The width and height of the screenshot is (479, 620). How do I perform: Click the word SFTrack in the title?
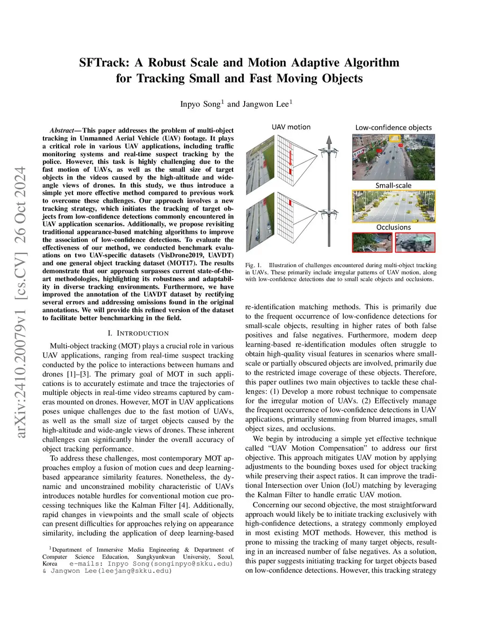(x=104, y=63)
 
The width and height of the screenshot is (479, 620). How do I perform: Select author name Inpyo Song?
(x=200, y=104)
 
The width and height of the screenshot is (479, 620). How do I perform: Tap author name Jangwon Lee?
(x=265, y=104)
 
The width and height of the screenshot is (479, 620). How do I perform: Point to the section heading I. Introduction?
(x=138, y=333)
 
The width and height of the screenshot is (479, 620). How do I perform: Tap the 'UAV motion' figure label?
(x=291, y=127)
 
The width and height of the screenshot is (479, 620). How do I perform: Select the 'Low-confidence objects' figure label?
(x=393, y=127)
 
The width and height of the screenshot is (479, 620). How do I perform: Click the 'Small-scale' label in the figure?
(x=393, y=185)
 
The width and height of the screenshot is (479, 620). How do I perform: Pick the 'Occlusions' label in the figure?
(x=393, y=227)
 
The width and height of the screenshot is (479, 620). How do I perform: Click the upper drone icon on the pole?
(x=329, y=153)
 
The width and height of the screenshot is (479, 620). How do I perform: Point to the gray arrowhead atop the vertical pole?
(x=329, y=139)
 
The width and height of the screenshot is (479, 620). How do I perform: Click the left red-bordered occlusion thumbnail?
(x=372, y=242)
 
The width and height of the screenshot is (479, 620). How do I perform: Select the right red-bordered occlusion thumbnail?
(x=415, y=242)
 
